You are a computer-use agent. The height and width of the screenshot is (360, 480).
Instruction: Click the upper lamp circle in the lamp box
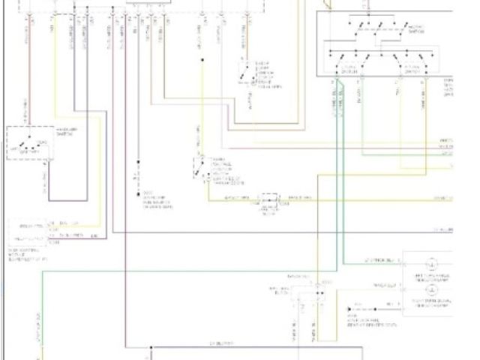433,264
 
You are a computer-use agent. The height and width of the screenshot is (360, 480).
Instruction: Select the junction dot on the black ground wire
139,163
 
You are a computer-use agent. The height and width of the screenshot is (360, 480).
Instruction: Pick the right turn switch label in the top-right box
410,67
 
